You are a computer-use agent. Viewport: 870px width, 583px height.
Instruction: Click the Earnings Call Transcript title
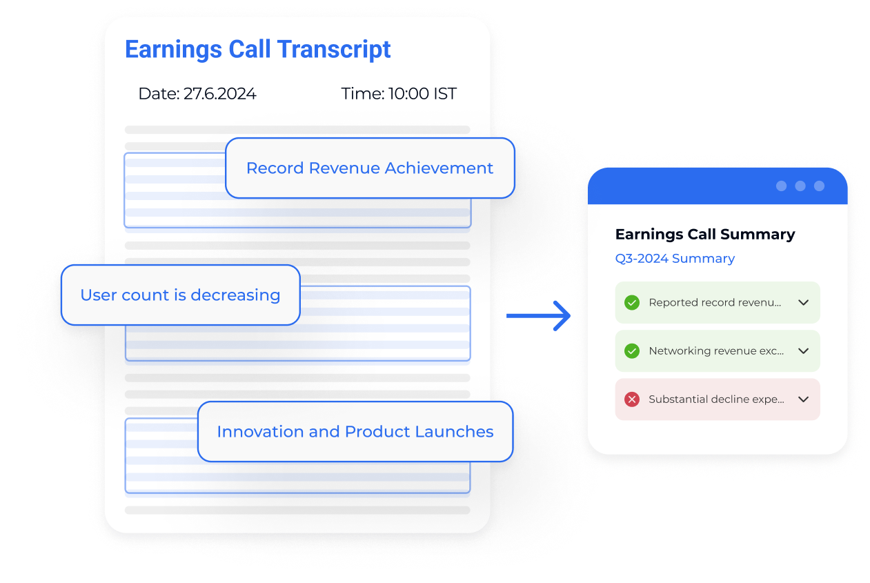(257, 50)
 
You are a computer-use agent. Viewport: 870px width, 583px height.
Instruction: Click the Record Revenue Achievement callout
(370, 168)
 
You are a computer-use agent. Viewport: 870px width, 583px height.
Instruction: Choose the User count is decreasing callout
(180, 295)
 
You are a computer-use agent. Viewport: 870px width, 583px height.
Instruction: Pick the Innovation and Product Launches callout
(355, 432)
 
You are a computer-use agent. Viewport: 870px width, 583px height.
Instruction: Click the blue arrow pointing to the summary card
(539, 316)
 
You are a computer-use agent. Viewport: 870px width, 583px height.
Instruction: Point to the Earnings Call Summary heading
(704, 235)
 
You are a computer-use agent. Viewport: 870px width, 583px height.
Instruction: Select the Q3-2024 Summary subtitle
(675, 259)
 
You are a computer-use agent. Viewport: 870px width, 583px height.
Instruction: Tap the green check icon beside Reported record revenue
(631, 302)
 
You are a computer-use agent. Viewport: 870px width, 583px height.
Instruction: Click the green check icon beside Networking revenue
(631, 351)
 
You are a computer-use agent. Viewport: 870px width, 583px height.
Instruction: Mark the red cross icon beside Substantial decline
(631, 399)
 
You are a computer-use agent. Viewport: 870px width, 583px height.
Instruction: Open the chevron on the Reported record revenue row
(803, 302)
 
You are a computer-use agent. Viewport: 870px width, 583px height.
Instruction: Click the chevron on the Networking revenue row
(803, 351)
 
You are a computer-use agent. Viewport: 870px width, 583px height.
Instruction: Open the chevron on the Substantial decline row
(803, 399)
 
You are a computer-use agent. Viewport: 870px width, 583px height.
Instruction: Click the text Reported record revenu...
(715, 302)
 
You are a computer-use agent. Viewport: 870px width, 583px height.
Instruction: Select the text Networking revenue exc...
(716, 351)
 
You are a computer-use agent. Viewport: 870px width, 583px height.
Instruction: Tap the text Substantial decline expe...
(716, 399)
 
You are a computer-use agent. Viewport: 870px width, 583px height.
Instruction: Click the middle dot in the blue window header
(800, 186)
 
